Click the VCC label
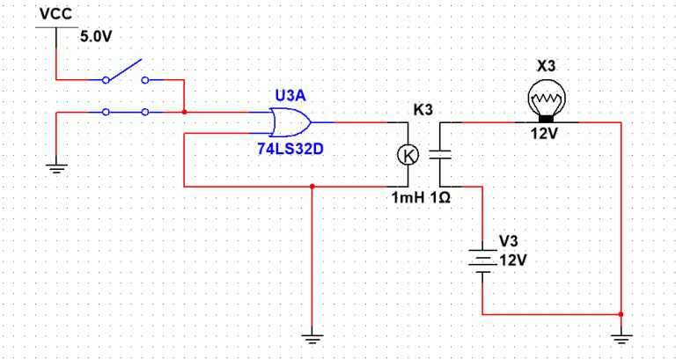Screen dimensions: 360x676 point(55,15)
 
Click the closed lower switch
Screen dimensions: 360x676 point(125,112)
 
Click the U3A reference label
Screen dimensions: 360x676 point(290,94)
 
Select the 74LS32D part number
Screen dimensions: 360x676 point(290,149)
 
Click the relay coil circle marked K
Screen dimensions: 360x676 point(408,155)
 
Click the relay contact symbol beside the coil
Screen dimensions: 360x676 point(439,155)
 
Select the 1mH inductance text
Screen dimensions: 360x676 point(408,198)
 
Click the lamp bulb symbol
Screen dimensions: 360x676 point(547,98)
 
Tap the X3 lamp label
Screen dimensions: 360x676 point(547,67)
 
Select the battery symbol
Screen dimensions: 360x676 point(482,259)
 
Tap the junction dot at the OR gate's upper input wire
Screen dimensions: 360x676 point(183,112)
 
